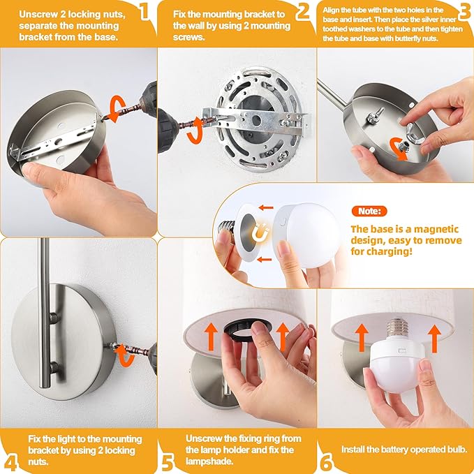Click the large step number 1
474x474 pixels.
145,11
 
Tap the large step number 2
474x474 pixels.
302,11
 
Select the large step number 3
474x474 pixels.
466,11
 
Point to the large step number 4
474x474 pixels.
11,462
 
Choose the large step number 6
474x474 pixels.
327,462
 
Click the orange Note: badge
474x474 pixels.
369,211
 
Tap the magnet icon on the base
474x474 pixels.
260,232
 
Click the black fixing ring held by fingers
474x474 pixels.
246,329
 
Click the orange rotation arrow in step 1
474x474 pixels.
117,109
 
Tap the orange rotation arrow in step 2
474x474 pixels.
196,131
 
